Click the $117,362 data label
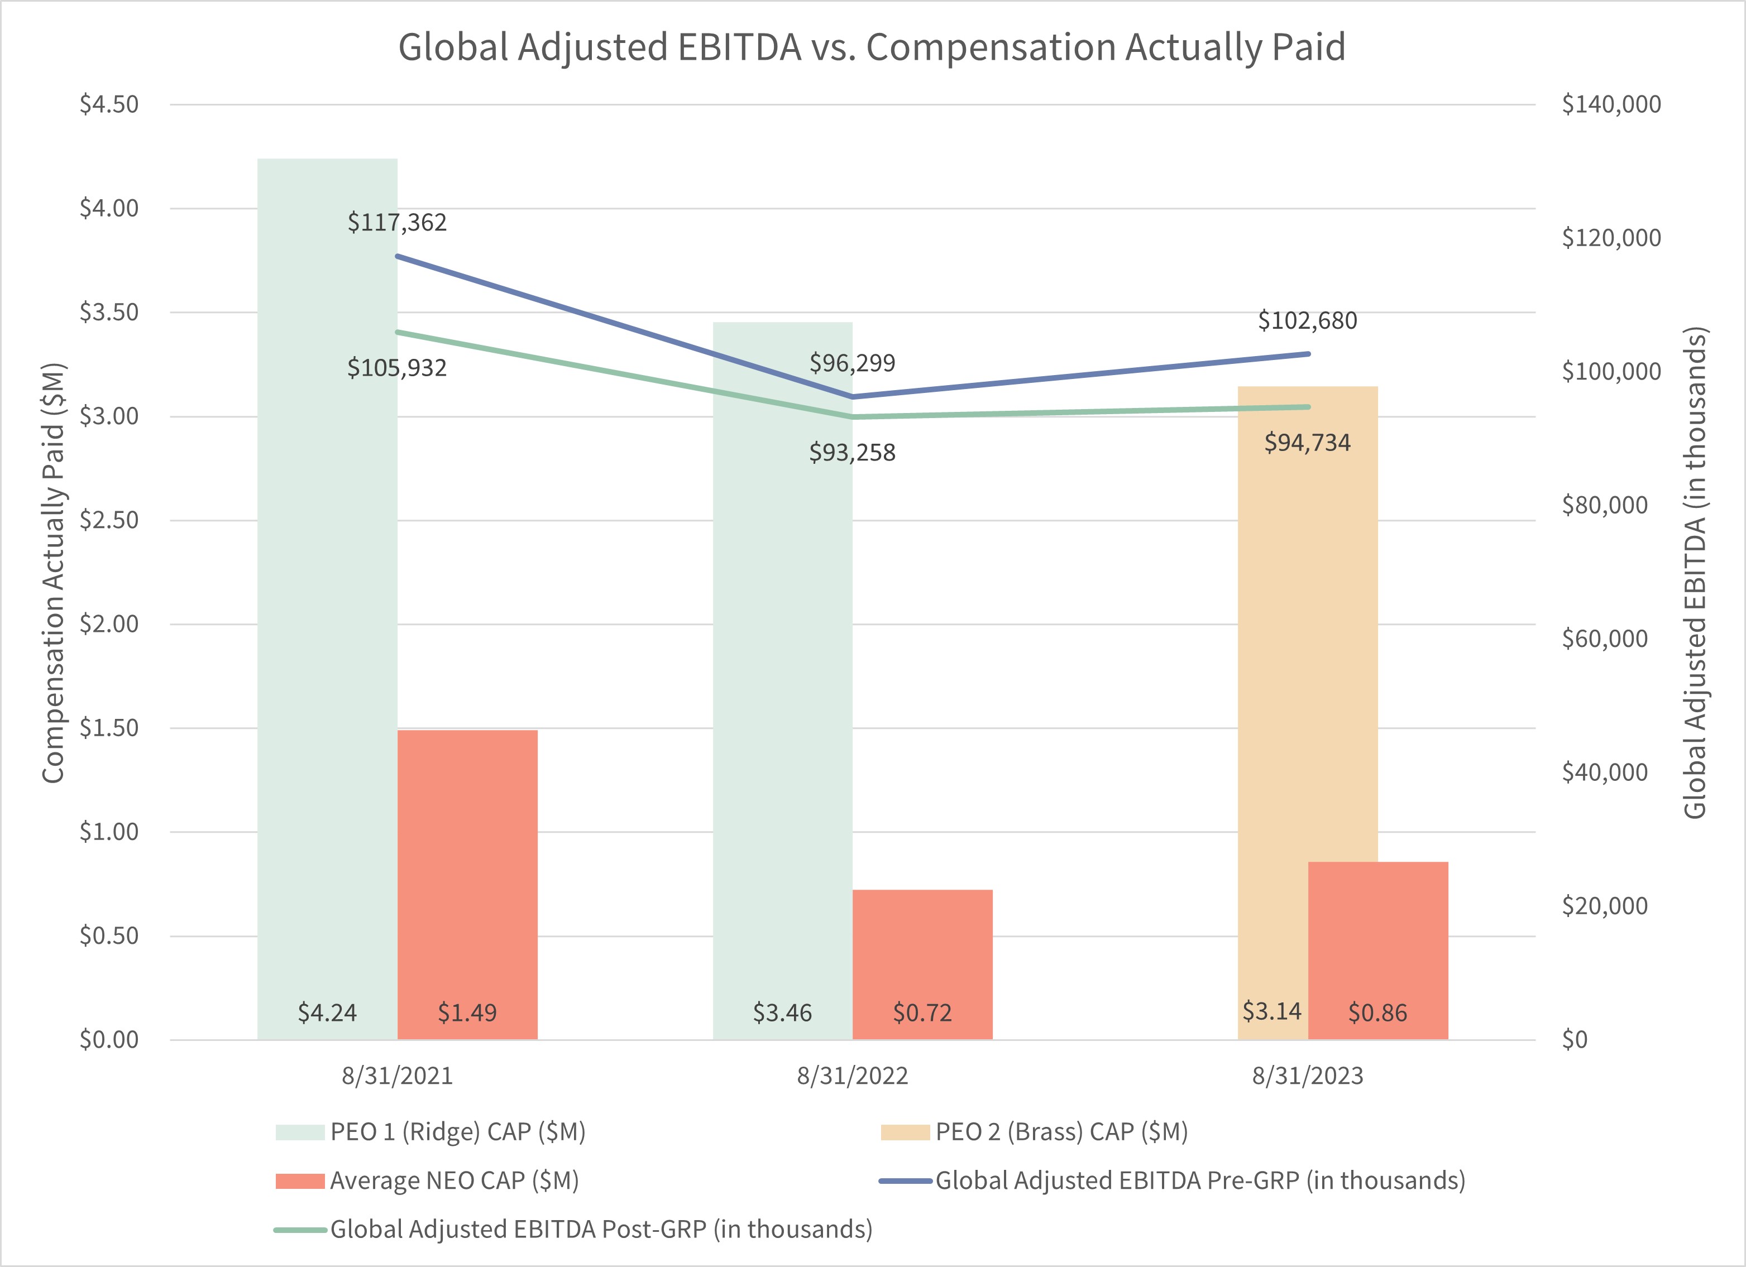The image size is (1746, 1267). pyautogui.click(x=396, y=223)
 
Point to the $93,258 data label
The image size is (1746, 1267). pyautogui.click(x=852, y=453)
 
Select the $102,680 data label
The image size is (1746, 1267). pyautogui.click(x=1307, y=320)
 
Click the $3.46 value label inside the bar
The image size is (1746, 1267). pyautogui.click(x=782, y=1013)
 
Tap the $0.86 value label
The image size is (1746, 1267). pyautogui.click(x=1377, y=1013)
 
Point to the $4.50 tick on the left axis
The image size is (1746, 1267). pyautogui.click(x=109, y=105)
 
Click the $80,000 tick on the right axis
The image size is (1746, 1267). pyautogui.click(x=1604, y=505)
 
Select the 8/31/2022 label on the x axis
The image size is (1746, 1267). pyautogui.click(x=852, y=1076)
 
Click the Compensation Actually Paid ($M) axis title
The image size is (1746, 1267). pyautogui.click(x=52, y=573)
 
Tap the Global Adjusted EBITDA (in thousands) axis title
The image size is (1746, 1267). pyautogui.click(x=1695, y=573)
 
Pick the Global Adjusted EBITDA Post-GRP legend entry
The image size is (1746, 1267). pyautogui.click(x=600, y=1229)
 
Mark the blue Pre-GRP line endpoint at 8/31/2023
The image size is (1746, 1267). pyautogui.click(x=1308, y=354)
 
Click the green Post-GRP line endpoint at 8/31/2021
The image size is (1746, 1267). pyautogui.click(x=397, y=333)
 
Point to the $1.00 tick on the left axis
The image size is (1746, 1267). pyautogui.click(x=109, y=832)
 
